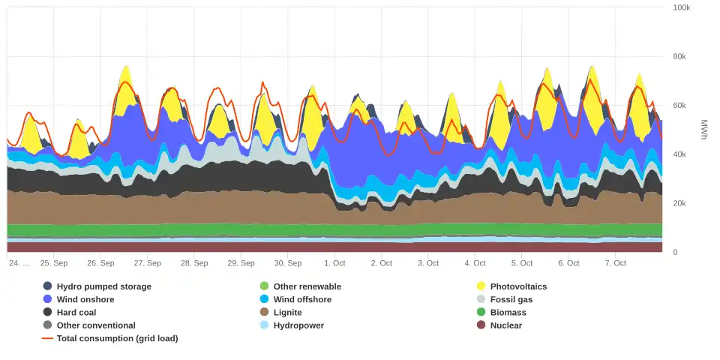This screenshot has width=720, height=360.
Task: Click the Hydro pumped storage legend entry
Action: [103, 286]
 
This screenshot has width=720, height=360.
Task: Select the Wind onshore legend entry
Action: [85, 299]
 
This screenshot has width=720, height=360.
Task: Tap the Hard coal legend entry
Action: [76, 312]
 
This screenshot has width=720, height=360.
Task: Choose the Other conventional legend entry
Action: [96, 325]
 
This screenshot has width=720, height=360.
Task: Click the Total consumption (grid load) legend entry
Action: [117, 338]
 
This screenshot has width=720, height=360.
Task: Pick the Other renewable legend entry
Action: [307, 286]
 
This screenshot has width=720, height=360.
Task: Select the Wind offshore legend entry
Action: [302, 299]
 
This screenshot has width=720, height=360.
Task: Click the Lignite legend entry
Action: [287, 312]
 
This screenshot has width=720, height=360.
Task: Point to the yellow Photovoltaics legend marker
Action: [481, 286]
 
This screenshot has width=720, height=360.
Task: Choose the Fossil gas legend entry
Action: [511, 299]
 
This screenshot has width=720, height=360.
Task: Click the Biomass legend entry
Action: [508, 312]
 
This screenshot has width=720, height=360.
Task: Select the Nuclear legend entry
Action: [505, 325]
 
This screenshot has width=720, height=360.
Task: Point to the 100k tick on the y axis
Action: [682, 7]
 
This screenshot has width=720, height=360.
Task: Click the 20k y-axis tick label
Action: [679, 203]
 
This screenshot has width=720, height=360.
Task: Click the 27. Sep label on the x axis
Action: [148, 263]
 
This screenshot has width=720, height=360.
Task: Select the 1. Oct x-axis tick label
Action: [334, 263]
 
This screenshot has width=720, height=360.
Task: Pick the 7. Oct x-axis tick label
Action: [615, 263]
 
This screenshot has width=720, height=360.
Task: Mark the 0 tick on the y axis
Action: [675, 253]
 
